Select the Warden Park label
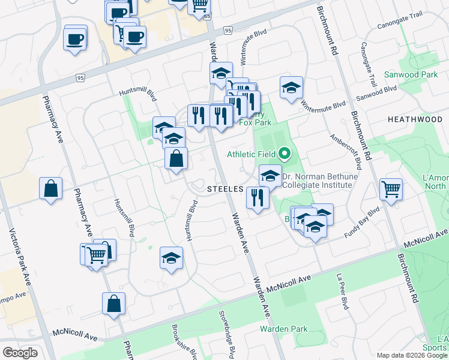283,329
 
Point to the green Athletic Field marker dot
285,154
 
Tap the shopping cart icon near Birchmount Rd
391,190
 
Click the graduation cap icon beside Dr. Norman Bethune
270,176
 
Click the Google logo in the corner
20,353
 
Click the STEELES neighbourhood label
225,188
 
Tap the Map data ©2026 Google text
411,355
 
